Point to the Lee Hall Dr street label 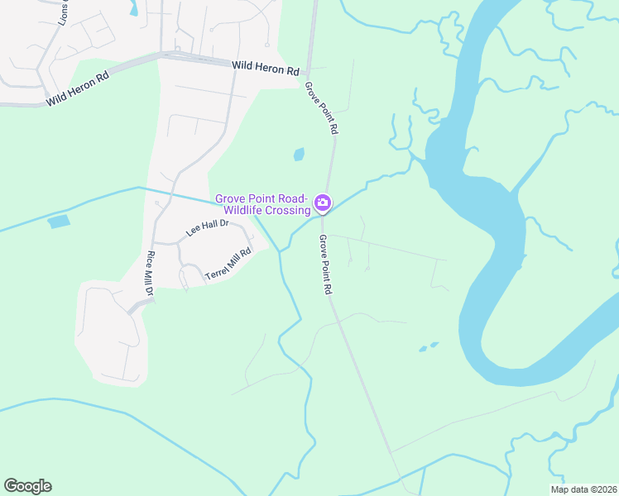pyautogui.click(x=207, y=228)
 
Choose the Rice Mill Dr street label pyautogui.click(x=150, y=274)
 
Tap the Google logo pyautogui.click(x=27, y=486)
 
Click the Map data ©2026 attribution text pyautogui.click(x=583, y=489)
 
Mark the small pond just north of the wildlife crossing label pyautogui.click(x=298, y=154)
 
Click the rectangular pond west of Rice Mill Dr pyautogui.click(x=59, y=222)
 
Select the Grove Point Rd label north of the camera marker pyautogui.click(x=321, y=107)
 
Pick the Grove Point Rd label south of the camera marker pyautogui.click(x=324, y=265)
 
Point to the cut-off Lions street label pyautogui.click(x=64, y=12)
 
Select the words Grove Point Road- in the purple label pyautogui.click(x=262, y=198)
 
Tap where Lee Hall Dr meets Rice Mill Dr pyautogui.click(x=155, y=243)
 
